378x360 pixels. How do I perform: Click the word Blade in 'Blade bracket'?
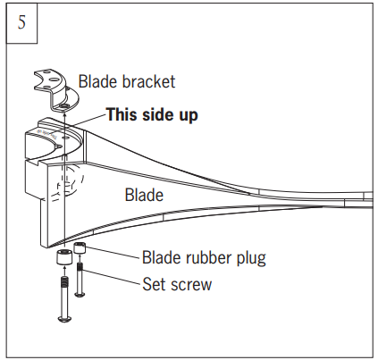97,81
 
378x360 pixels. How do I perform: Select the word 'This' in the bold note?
122,114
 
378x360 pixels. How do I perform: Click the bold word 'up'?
187,114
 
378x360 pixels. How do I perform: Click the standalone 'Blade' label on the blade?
143,195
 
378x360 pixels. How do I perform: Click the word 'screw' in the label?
193,286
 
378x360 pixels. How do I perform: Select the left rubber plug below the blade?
64,261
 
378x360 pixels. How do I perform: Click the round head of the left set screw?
64,317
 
